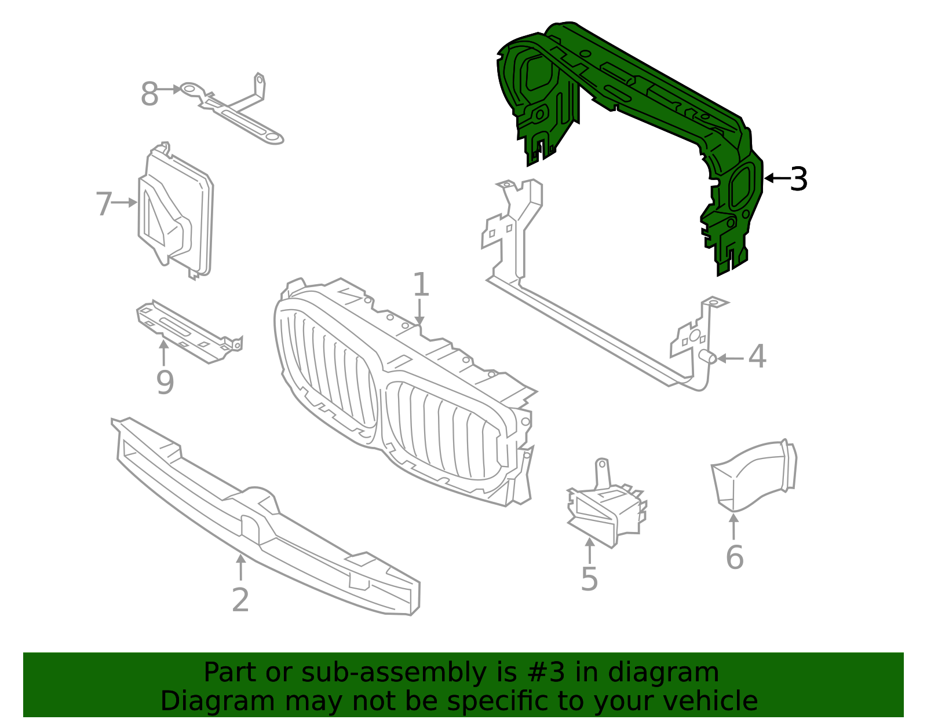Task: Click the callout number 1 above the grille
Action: click(x=421, y=285)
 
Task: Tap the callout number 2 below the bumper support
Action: click(x=240, y=600)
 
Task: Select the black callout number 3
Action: click(x=799, y=179)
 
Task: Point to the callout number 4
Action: click(x=757, y=357)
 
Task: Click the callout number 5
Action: click(x=589, y=580)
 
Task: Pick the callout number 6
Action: click(x=735, y=557)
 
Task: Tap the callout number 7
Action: click(x=104, y=204)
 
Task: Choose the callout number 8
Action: click(x=149, y=94)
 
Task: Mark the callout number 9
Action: click(x=165, y=383)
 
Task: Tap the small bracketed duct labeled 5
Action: click(x=605, y=512)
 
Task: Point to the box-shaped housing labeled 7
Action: click(x=177, y=214)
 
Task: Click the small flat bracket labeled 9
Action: click(x=188, y=333)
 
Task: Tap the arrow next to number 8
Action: click(x=170, y=90)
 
